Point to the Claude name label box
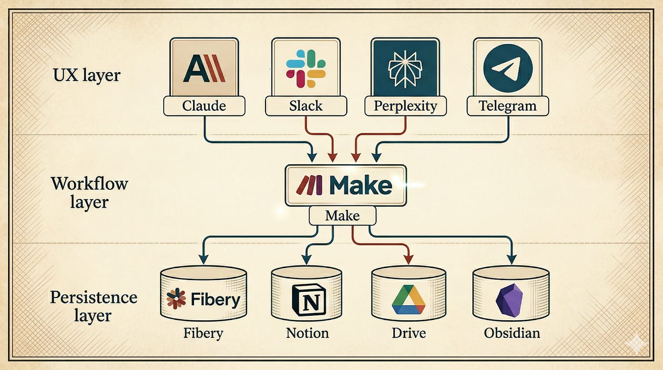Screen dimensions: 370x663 point(204,106)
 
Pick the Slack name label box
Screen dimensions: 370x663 point(306,106)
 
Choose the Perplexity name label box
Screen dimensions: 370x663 point(405,106)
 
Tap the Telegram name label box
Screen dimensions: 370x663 point(507,106)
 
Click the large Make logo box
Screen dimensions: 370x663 point(345,185)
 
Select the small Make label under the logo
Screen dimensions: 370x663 point(342,216)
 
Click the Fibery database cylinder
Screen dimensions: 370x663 point(203,295)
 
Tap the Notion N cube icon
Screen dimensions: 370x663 point(306,300)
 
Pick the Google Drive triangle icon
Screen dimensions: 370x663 point(408,299)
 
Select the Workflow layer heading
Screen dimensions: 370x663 point(89,192)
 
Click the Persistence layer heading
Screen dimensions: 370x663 point(93,305)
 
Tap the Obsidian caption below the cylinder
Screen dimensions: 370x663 point(512,333)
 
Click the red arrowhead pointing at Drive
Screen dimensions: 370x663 point(408,259)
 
